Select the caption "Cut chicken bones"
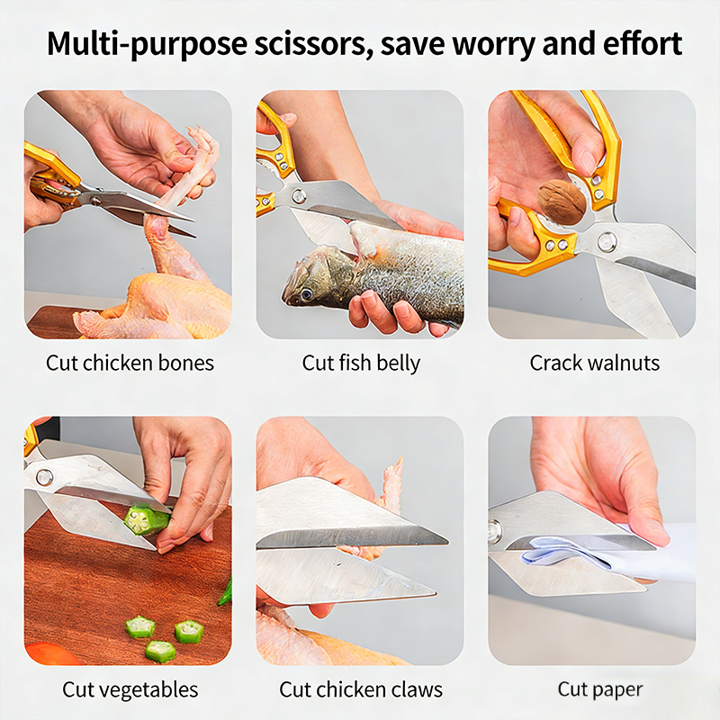[x=130, y=363]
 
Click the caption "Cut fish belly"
[x=361, y=364]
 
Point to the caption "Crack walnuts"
[x=595, y=363]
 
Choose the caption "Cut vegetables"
[x=130, y=689]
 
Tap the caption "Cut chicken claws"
[x=361, y=689]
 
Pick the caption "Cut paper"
[x=600, y=689]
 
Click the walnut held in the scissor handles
[x=561, y=201]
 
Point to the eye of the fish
[x=306, y=293]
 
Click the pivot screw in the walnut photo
[x=607, y=241]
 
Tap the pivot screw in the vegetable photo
[x=44, y=478]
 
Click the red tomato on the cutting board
[x=51, y=654]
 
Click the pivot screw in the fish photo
[x=298, y=195]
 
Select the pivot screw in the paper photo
[x=494, y=529]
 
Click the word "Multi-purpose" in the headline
[x=148, y=45]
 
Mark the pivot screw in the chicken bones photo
[x=95, y=200]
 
